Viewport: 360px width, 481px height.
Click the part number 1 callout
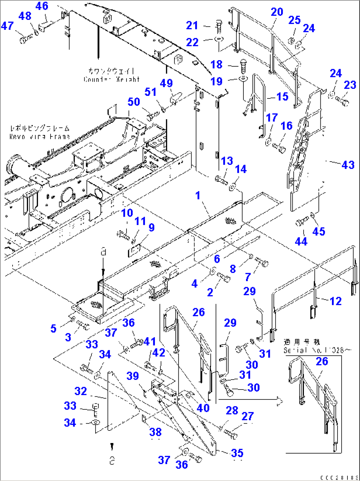pos(198,196)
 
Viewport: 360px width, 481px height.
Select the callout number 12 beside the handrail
pos(336,301)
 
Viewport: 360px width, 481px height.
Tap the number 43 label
pos(348,165)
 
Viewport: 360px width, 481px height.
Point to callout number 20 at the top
pos(277,12)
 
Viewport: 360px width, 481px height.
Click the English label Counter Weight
pos(112,80)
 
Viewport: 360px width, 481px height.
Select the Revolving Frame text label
pos(40,136)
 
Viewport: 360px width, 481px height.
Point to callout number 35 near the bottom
pos(237,453)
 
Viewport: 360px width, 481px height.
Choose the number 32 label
pos(81,391)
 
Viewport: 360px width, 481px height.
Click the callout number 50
pos(134,102)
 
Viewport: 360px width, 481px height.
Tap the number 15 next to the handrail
pos(282,96)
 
